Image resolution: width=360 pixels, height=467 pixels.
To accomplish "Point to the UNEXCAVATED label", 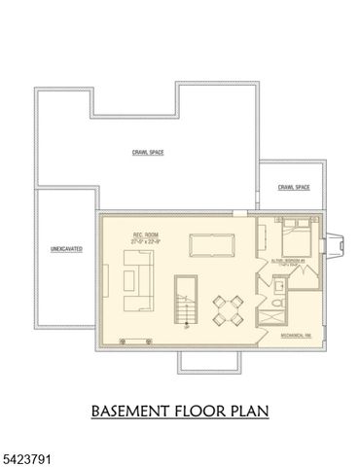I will [x=66, y=249].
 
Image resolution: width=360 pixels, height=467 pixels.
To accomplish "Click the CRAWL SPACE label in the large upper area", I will [x=147, y=153].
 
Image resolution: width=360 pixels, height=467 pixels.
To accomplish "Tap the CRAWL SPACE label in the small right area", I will [x=293, y=187].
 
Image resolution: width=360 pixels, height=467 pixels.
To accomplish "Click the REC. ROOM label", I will [x=146, y=234].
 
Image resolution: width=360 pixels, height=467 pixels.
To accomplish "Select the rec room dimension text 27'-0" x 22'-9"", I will [x=146, y=241].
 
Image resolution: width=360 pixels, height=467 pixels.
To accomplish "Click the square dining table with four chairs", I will [x=229, y=311].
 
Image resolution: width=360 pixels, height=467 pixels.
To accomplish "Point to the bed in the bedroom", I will [x=295, y=236].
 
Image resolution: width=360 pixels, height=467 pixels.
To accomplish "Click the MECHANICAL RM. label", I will [x=296, y=334].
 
